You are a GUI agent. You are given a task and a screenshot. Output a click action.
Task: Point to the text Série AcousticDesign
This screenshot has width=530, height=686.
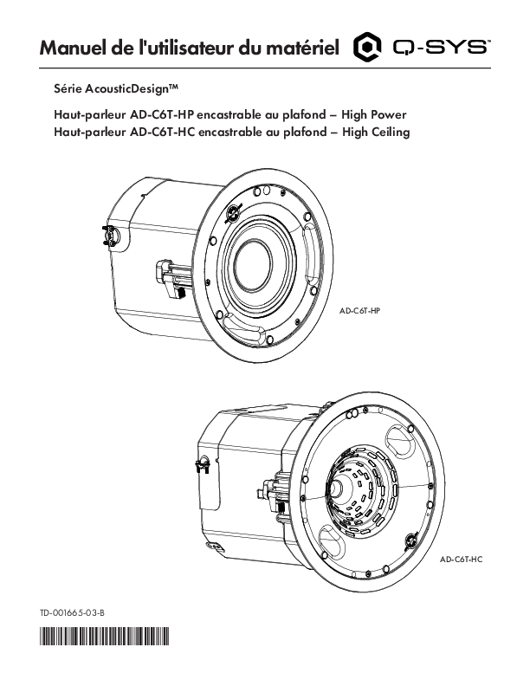[116, 89]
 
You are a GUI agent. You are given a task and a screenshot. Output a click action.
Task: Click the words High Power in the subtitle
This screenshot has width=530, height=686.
[374, 115]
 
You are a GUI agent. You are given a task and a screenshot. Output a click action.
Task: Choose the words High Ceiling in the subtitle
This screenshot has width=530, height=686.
[376, 133]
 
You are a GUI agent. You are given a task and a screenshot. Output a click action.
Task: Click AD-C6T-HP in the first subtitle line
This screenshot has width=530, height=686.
[162, 115]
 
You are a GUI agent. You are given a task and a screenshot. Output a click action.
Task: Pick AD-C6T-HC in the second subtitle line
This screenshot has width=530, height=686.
[162, 133]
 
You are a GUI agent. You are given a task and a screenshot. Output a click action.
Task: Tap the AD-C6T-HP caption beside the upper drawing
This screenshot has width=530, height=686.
[360, 311]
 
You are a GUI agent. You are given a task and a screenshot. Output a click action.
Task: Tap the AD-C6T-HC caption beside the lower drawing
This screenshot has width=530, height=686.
[462, 560]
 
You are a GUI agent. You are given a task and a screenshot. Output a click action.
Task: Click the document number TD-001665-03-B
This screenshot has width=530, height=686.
[72, 613]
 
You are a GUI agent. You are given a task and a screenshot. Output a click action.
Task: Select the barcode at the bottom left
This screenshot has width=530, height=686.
[104, 636]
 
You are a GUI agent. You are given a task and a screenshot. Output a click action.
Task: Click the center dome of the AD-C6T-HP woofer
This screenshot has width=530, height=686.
[252, 265]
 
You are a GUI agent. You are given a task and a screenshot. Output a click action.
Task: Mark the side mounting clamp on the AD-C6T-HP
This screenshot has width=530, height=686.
[171, 278]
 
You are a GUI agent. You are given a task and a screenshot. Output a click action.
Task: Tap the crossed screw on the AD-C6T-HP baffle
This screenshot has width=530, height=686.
[233, 213]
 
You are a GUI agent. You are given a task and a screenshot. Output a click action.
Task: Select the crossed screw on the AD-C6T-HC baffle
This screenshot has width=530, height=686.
[410, 541]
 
